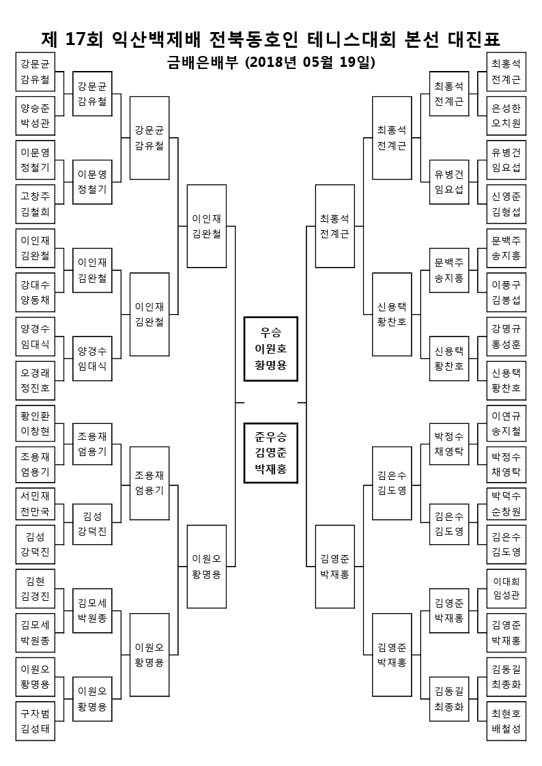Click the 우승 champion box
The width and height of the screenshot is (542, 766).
tap(271, 349)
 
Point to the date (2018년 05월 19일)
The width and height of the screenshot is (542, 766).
tap(310, 63)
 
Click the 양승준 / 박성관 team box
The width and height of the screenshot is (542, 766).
tap(35, 115)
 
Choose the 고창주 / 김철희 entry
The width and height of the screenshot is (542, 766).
tap(35, 204)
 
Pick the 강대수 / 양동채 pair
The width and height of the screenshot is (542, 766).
tap(35, 292)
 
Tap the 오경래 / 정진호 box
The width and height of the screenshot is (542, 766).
tap(35, 380)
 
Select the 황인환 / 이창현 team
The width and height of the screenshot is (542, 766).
tap(35, 423)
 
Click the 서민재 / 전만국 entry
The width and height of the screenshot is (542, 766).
tap(35, 504)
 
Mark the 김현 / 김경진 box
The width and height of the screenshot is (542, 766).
tap(35, 588)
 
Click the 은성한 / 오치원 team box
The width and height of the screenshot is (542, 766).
tap(507, 115)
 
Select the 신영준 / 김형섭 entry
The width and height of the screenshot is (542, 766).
tap(507, 204)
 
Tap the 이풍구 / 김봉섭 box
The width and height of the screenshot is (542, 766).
tap(507, 292)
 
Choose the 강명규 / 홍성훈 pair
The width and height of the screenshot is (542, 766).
tap(507, 336)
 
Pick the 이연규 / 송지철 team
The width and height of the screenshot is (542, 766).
tap(507, 423)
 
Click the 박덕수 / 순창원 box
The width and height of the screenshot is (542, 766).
tap(507, 504)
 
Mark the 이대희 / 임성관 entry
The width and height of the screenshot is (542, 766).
tap(507, 588)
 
